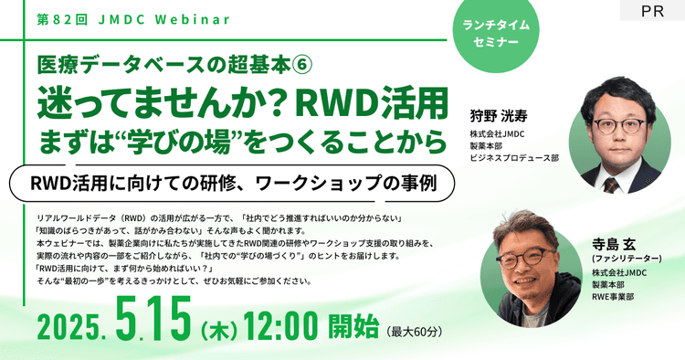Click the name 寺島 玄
[x=618, y=244]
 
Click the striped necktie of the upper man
[x=611, y=184]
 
